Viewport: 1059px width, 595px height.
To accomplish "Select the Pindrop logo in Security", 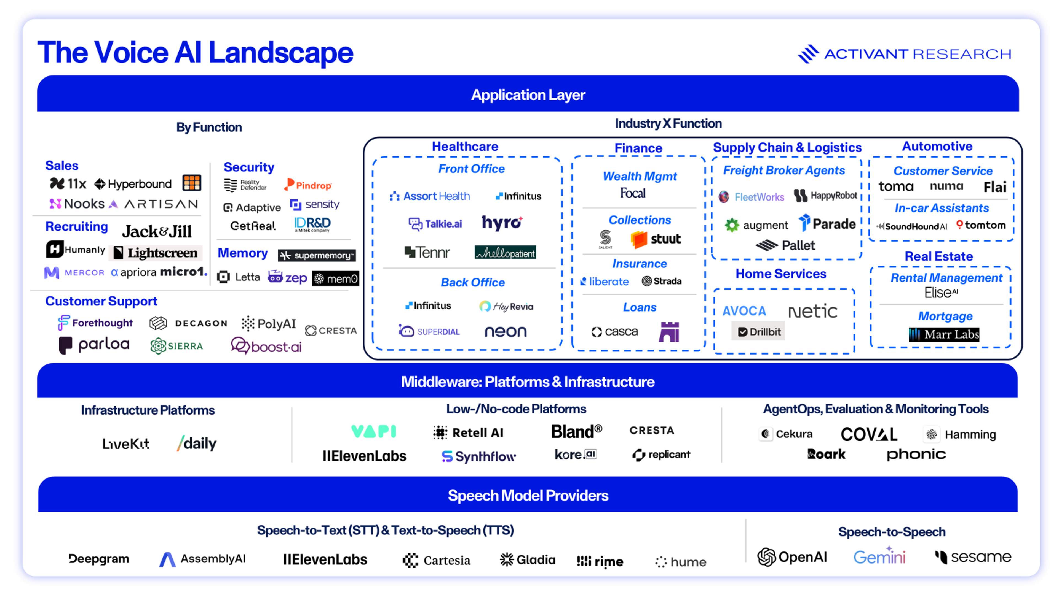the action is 308,185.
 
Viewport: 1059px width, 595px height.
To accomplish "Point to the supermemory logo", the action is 317,255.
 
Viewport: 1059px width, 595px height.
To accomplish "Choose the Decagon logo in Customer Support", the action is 188,323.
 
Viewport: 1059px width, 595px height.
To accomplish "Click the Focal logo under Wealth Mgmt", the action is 633,193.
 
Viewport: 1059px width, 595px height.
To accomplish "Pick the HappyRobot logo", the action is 825,196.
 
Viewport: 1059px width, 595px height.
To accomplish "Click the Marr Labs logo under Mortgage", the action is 944,334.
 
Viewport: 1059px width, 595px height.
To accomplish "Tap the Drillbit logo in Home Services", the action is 758,331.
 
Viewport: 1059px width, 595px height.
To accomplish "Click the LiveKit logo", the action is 125,443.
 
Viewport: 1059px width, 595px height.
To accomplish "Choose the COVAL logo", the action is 869,434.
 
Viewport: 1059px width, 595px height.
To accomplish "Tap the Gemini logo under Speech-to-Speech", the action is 879,557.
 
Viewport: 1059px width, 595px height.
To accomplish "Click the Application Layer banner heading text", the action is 528,95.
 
